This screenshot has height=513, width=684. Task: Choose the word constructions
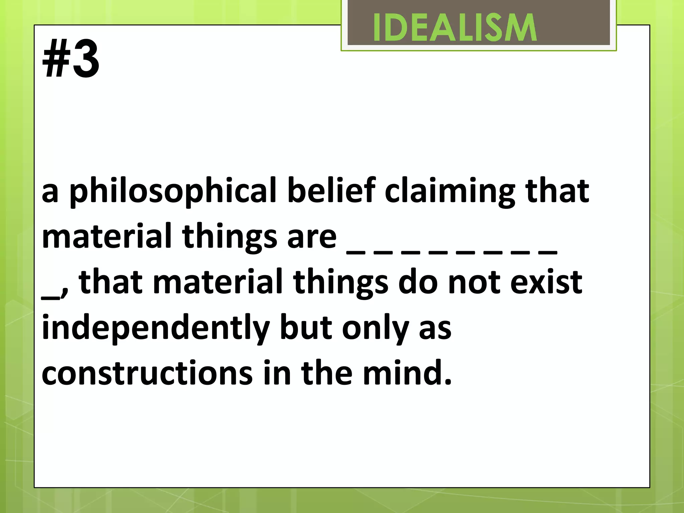pos(147,373)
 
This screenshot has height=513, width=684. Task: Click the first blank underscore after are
pos(355,253)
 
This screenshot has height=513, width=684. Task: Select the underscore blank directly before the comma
pos(50,298)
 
